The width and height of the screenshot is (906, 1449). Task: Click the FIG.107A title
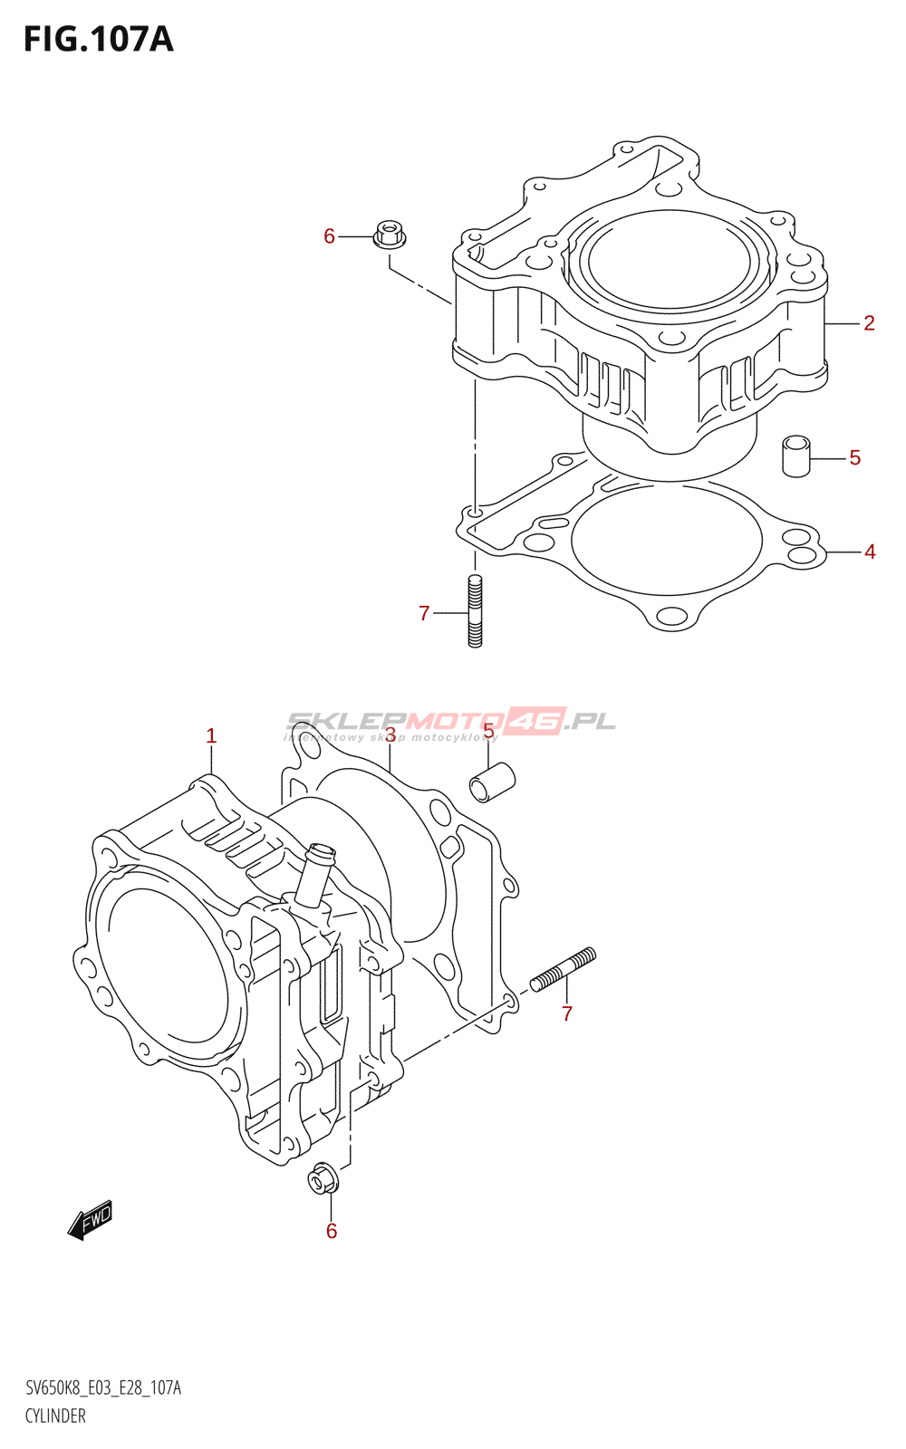(98, 39)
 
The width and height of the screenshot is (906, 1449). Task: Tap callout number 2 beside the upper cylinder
(869, 323)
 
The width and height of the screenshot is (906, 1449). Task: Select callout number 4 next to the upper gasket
(870, 552)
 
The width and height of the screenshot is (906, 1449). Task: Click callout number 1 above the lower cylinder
(211, 736)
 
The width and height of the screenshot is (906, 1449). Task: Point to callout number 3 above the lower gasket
(390, 734)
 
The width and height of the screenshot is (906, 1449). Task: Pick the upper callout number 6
(330, 236)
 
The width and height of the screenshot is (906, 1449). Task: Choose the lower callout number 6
(332, 1231)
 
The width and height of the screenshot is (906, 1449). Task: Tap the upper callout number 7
(424, 614)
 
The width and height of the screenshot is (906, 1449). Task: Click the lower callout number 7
(567, 1013)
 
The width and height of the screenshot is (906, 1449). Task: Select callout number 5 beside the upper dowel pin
(854, 458)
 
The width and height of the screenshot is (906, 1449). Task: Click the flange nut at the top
(390, 234)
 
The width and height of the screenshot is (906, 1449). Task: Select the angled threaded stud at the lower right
(563, 969)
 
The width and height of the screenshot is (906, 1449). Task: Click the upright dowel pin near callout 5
(795, 455)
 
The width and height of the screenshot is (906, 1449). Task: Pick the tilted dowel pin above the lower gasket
(492, 782)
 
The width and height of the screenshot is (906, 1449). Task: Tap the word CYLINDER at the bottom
(55, 1416)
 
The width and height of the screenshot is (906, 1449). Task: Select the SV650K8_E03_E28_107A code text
(103, 1388)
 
